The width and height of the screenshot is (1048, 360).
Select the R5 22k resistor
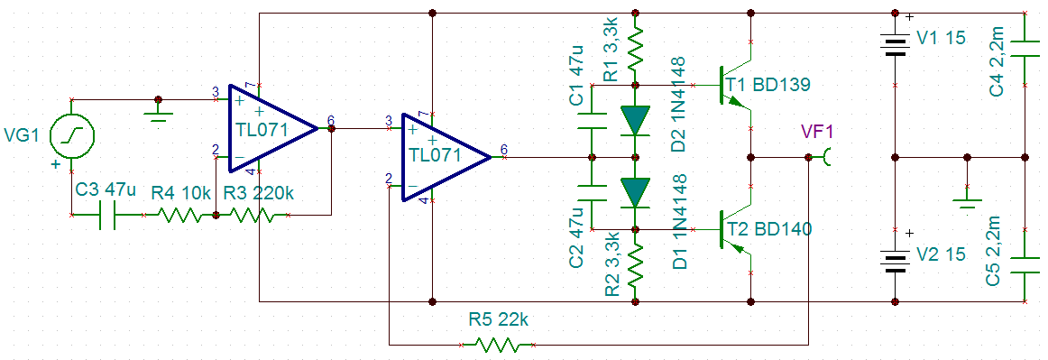click(x=497, y=345)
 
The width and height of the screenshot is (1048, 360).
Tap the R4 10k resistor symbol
click(x=179, y=216)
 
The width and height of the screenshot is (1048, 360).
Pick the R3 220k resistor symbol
click(x=252, y=216)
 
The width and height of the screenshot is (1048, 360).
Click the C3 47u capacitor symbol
click(x=108, y=216)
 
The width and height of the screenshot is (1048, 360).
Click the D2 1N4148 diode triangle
click(x=635, y=121)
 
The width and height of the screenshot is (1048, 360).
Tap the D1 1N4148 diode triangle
click(x=635, y=193)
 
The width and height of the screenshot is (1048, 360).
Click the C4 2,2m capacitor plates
click(x=1025, y=49)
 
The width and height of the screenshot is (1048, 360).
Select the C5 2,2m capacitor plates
click(x=1025, y=265)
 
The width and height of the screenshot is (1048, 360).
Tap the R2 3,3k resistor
click(x=635, y=265)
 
